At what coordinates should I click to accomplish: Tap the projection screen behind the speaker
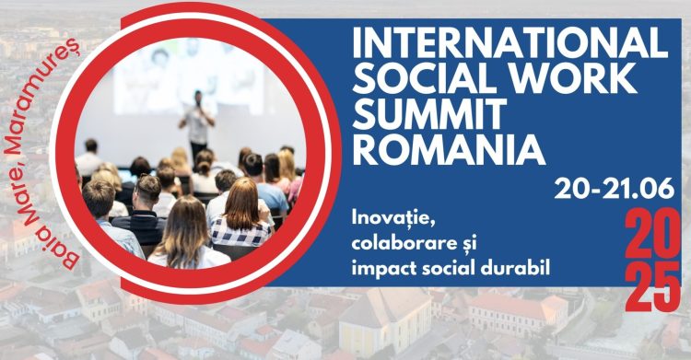point(184,78)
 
